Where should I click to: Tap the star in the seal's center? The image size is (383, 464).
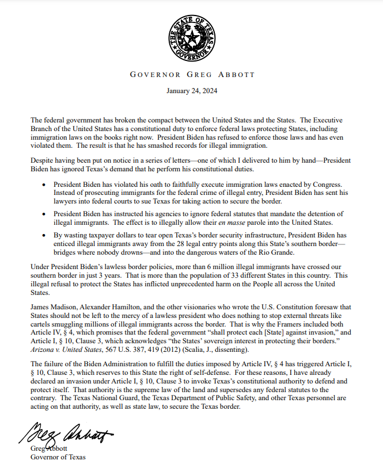tap(191, 37)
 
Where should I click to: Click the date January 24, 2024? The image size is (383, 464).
tap(191, 90)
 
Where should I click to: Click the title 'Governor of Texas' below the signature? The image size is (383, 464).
tap(58, 457)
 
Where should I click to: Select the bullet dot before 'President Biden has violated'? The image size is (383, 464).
tap(47, 184)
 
